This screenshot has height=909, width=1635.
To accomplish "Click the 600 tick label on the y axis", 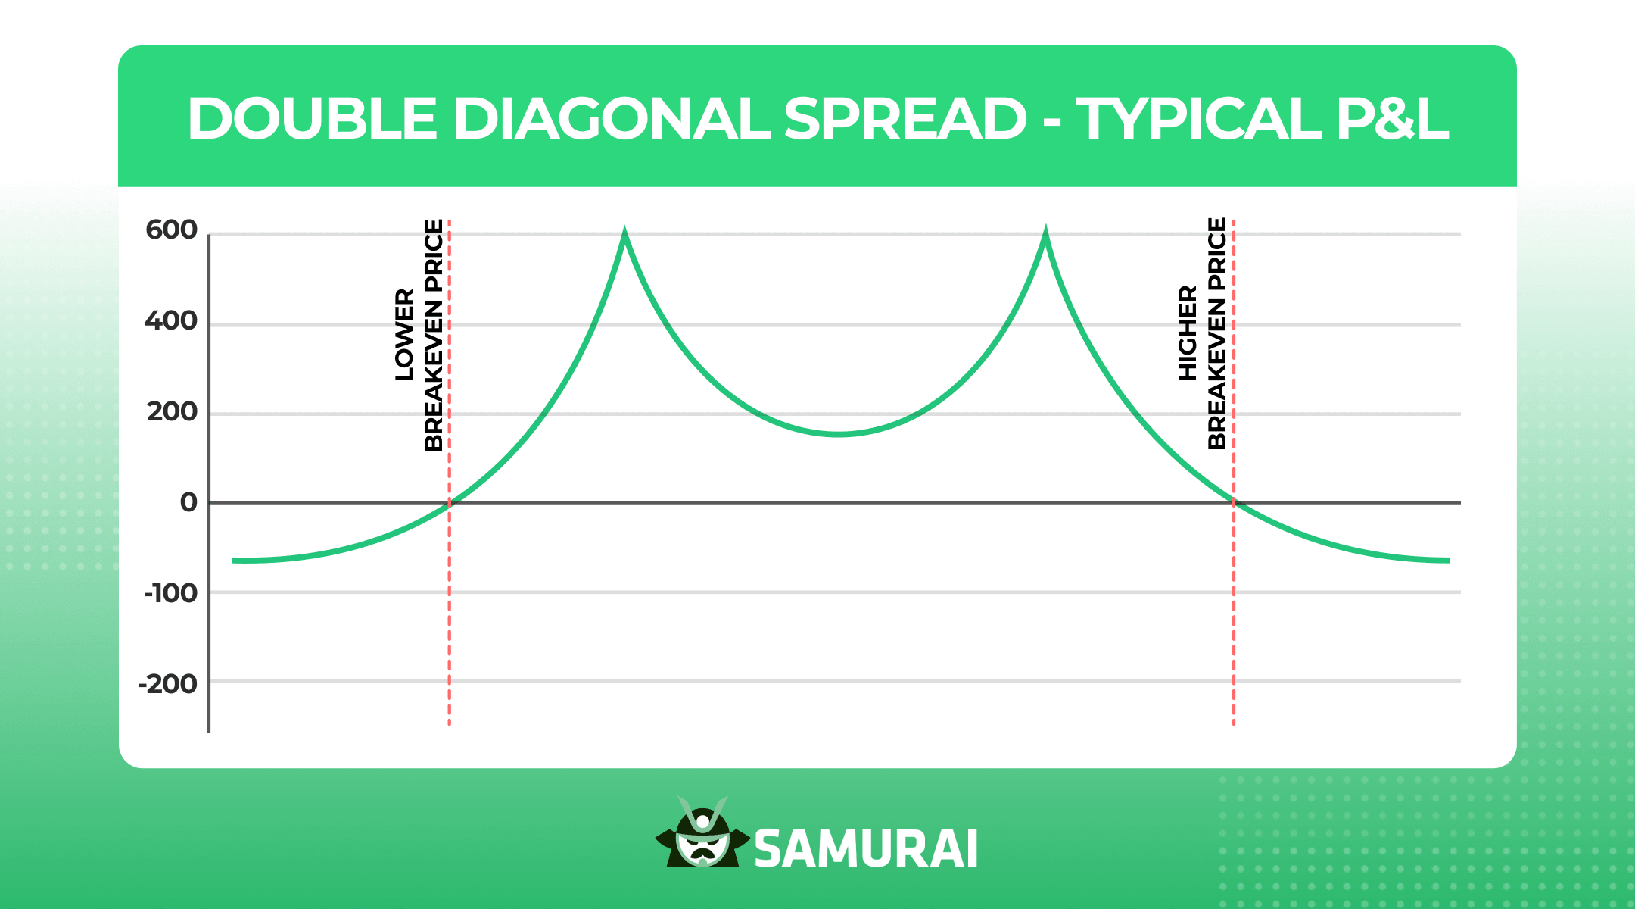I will [171, 230].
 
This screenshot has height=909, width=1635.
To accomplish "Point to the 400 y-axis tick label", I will [171, 320].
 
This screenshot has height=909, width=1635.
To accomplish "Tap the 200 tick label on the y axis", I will [172, 411].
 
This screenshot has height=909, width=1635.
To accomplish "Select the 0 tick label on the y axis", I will [188, 502].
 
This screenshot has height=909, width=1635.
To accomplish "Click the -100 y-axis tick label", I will [170, 592].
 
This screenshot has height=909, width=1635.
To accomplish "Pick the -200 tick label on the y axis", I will [167, 683].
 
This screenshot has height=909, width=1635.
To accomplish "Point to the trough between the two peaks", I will [839, 434].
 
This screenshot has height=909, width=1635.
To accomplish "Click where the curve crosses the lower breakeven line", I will [450, 502].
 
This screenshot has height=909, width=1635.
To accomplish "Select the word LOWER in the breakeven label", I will [405, 335].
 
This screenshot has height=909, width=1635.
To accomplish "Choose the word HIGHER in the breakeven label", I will [1188, 333].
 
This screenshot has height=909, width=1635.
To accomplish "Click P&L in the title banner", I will [1391, 119].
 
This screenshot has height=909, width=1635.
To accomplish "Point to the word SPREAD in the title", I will [905, 119].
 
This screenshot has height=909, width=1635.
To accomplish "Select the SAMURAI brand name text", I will [866, 849].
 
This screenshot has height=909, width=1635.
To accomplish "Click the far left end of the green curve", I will [235, 561].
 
